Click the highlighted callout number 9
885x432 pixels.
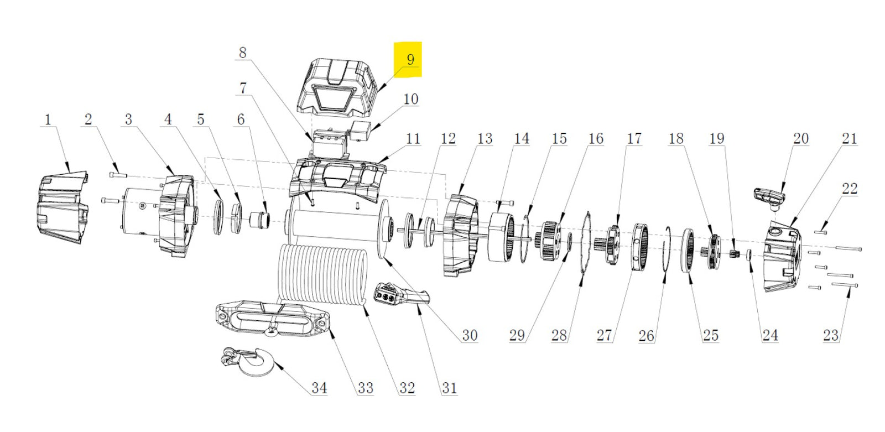pyautogui.click(x=410, y=59)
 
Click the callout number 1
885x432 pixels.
pyautogui.click(x=48, y=119)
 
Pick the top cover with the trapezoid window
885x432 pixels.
pyautogui.click(x=338, y=86)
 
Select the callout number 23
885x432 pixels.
pyautogui.click(x=830, y=335)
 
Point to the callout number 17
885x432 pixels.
pyautogui.click(x=634, y=138)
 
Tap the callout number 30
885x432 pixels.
pyautogui.click(x=469, y=335)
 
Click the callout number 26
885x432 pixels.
pyautogui.click(x=646, y=335)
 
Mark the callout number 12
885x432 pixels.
pyautogui.click(x=448, y=138)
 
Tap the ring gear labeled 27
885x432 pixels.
pyautogui.click(x=640, y=247)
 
